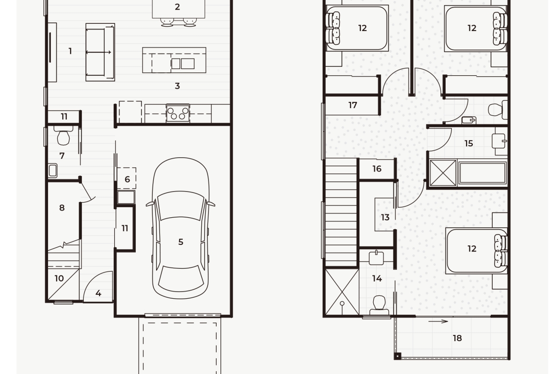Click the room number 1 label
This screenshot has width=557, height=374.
point(70,51)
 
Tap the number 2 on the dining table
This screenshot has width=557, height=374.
point(177,7)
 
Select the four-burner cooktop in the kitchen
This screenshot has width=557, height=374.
point(178,113)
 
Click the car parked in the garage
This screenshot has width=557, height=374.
point(180,228)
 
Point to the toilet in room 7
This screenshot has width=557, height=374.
point(63,135)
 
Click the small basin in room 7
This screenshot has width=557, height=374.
point(53,170)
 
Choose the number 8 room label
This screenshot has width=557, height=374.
point(62,208)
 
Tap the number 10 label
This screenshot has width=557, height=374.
point(59,278)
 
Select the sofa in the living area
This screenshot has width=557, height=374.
point(100,52)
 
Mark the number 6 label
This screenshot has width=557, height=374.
point(127,179)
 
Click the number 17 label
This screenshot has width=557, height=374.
point(352,105)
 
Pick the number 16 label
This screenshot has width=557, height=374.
point(377,169)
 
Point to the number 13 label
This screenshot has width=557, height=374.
point(385,217)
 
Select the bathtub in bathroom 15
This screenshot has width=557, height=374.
point(482,173)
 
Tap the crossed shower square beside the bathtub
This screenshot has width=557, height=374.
point(443,173)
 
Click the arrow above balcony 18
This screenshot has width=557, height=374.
point(438,322)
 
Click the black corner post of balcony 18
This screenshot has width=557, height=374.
point(398,356)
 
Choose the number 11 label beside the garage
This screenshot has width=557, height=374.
point(125,228)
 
